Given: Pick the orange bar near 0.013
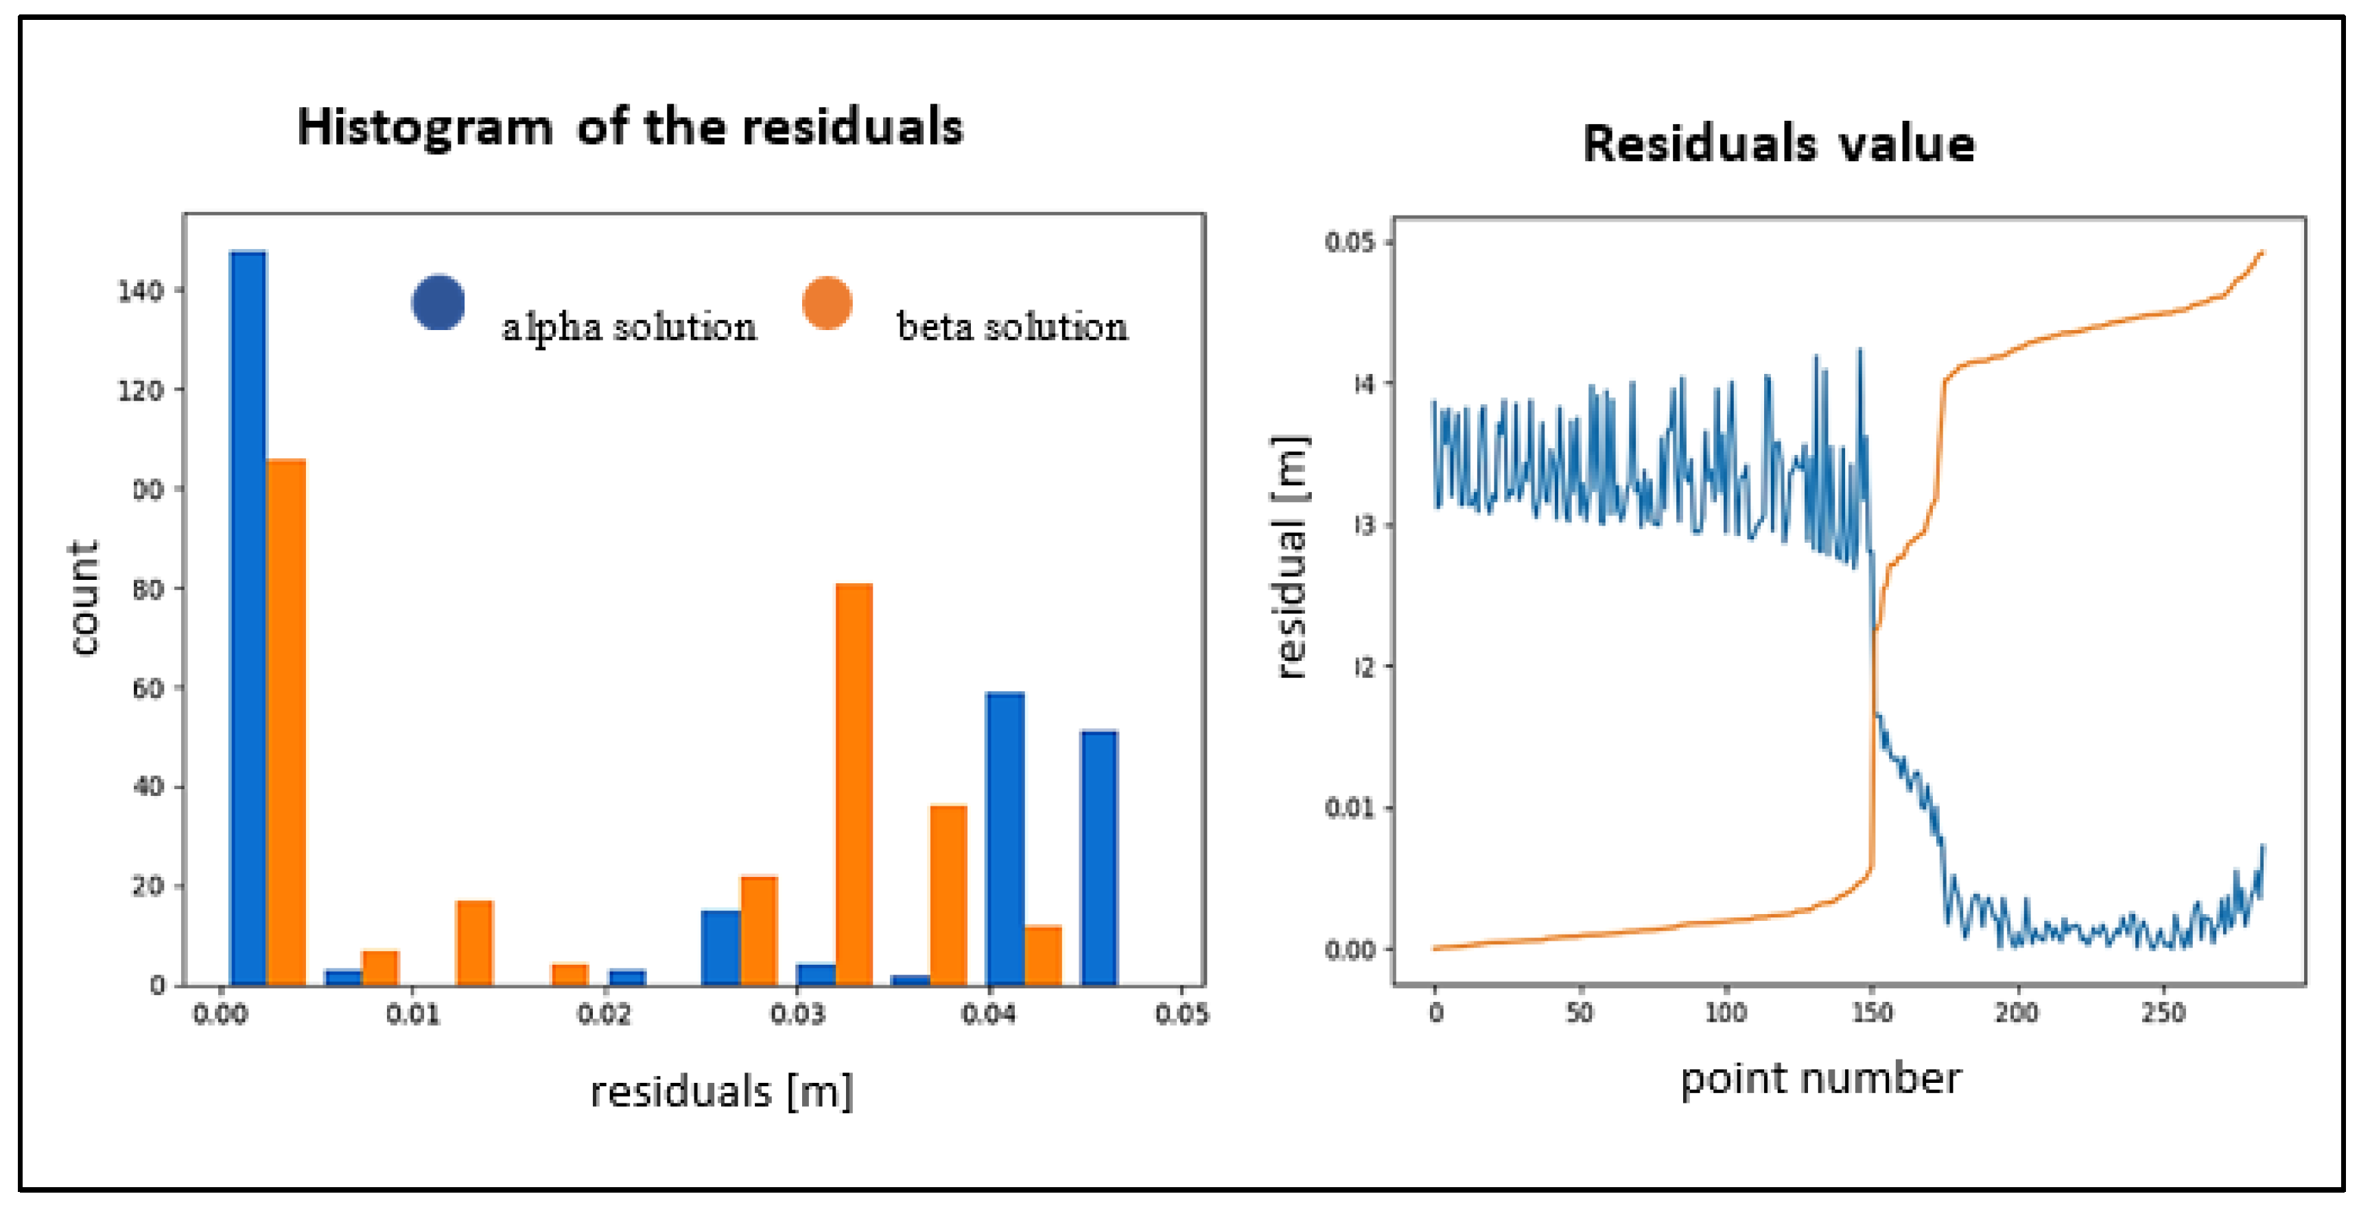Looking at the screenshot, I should coord(474,942).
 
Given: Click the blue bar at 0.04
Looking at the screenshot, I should coord(1005,838).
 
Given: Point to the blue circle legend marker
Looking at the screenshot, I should coord(438,302).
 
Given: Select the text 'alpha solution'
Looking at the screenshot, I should coord(629,327).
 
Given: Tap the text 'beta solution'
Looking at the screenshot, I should coord(1012,327).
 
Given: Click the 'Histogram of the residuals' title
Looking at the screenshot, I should coord(630,126).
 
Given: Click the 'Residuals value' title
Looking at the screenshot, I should coord(1779,143).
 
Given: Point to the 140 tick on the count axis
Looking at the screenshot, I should coord(141,291).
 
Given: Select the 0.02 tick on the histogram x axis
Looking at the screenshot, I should coord(605,1014).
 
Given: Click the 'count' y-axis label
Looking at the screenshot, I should coord(84,597).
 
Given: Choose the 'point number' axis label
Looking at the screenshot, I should coord(1820,1079).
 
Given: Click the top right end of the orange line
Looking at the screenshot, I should coord(2262,252).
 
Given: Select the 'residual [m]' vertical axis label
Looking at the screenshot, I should coord(1291,556).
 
